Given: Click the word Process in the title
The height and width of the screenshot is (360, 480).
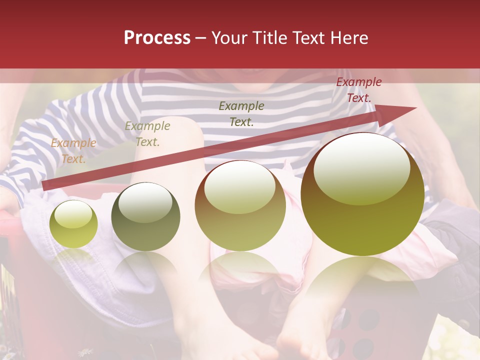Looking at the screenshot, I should [x=157, y=38].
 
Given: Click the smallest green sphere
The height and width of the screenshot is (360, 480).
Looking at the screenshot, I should [x=73, y=224].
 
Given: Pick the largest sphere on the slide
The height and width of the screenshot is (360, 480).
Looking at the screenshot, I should [x=362, y=194].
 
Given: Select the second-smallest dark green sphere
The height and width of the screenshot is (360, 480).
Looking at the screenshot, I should [x=145, y=216].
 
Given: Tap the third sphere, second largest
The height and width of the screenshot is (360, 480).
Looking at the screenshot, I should [x=240, y=205].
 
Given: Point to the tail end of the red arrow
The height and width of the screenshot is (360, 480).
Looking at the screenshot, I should [x=44, y=186].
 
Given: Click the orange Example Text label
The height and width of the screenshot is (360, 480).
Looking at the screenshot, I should [x=73, y=151].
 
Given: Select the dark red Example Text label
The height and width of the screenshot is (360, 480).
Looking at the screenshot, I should [x=358, y=90].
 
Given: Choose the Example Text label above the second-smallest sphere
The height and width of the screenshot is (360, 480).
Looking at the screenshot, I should [x=147, y=134].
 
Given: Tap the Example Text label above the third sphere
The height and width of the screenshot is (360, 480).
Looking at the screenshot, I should [x=241, y=113].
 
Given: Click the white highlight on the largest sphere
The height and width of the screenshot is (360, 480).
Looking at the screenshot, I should [x=362, y=167].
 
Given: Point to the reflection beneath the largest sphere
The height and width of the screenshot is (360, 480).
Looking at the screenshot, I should [x=362, y=280].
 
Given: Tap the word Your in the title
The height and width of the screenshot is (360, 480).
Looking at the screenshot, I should [x=229, y=38].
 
